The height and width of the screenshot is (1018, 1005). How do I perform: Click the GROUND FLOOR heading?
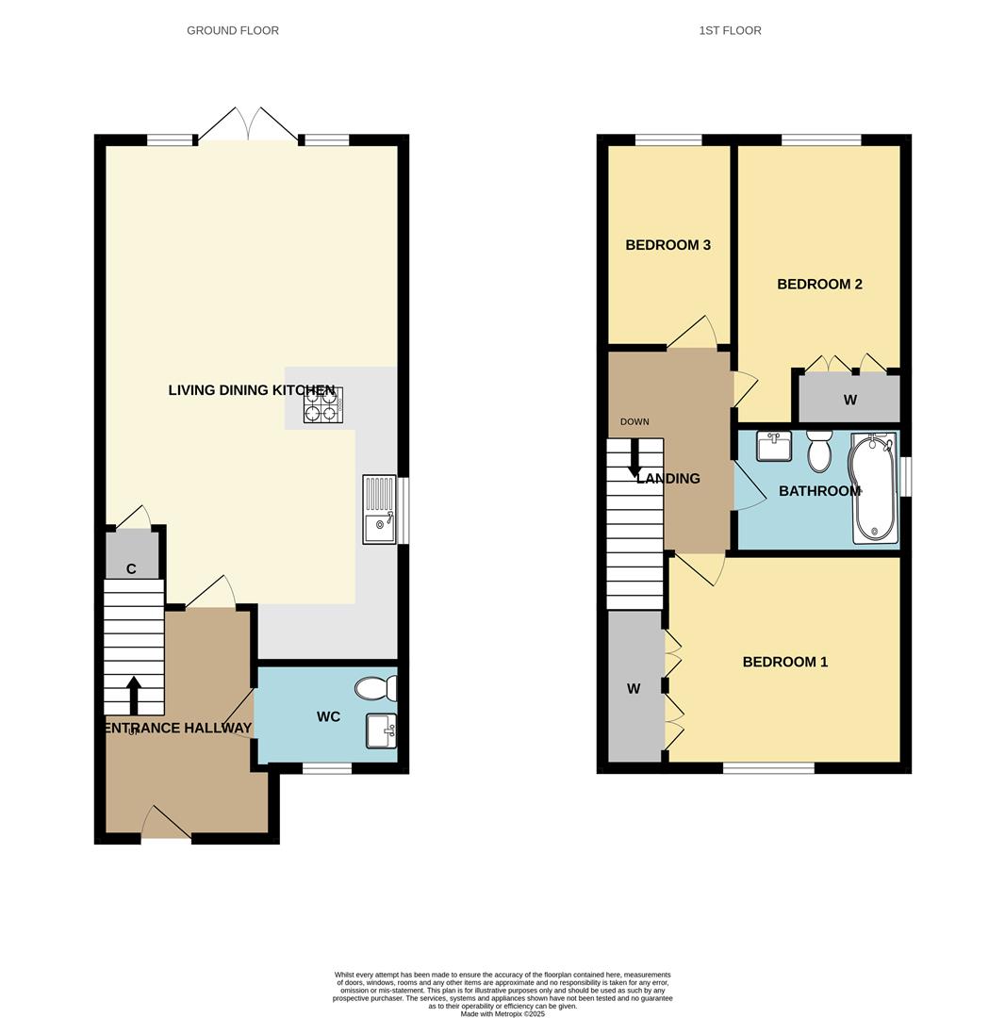233,30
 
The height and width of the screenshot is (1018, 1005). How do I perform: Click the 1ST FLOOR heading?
730,30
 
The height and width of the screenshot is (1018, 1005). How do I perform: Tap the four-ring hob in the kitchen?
322,405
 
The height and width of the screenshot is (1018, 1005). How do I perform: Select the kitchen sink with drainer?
379,509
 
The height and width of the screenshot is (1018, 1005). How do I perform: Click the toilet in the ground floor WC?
376,689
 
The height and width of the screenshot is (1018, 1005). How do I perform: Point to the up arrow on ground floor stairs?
134,695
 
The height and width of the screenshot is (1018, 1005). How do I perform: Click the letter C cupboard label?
131,569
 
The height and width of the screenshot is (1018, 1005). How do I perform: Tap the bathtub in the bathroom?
874,487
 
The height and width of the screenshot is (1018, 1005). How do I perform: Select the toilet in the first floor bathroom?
819,452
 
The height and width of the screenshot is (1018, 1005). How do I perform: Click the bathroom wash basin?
774,446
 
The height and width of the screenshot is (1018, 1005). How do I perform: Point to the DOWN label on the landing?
634,421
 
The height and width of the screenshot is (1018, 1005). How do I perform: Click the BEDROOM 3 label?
667,245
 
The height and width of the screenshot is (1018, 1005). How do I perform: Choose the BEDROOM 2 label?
819,284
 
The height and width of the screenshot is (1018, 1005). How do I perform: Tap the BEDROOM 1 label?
784,662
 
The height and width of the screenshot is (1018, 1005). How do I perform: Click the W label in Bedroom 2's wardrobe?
849,400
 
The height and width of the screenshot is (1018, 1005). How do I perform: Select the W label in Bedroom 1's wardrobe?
634,689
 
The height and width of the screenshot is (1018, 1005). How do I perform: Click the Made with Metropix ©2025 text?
502,1013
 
